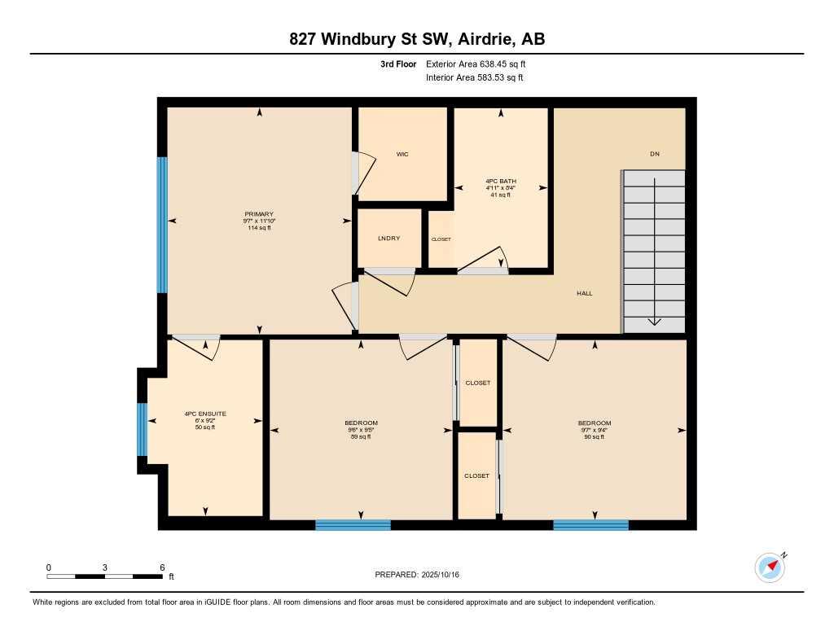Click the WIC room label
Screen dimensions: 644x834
(x=402, y=154)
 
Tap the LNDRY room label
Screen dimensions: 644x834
(x=388, y=239)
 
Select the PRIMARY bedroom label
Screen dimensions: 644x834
(x=258, y=214)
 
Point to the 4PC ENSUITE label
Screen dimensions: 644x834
(x=205, y=414)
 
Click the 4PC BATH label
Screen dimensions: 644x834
(x=501, y=181)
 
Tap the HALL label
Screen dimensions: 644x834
(x=584, y=293)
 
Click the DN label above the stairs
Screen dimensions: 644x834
(x=654, y=154)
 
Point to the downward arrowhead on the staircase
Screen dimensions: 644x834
(x=654, y=322)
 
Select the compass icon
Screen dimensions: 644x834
(x=769, y=567)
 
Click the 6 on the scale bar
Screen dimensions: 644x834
(x=162, y=567)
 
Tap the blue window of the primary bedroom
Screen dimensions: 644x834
(x=162, y=225)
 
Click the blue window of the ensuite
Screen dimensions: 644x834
(x=142, y=429)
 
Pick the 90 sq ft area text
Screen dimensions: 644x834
(x=594, y=437)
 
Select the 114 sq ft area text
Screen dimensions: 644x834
(x=258, y=228)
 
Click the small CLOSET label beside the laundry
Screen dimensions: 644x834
(x=441, y=239)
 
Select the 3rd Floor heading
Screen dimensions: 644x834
(x=398, y=64)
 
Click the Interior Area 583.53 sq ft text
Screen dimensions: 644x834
(x=474, y=78)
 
